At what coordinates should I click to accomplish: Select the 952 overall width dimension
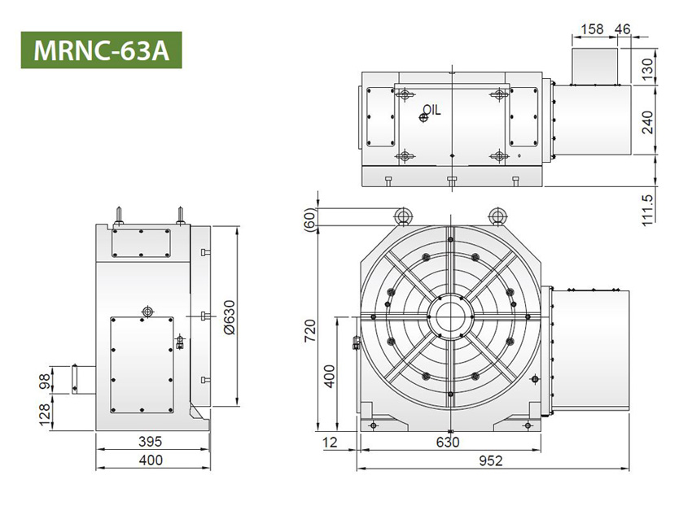tap(490, 460)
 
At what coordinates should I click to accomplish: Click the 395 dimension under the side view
tap(151, 442)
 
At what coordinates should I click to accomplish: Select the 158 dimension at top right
tap(593, 29)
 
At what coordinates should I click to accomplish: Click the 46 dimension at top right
tap(623, 29)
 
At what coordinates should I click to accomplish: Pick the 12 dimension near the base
tap(329, 442)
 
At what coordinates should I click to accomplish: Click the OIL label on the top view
tap(431, 110)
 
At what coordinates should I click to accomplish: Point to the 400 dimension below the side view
tap(151, 460)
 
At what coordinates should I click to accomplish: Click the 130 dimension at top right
tap(647, 67)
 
